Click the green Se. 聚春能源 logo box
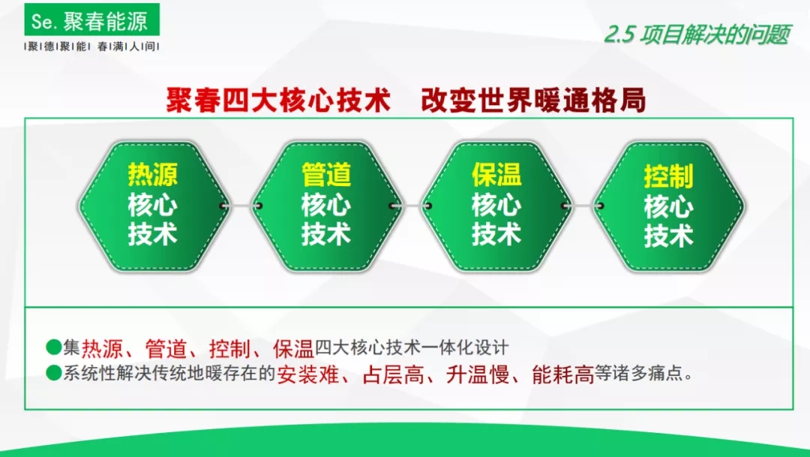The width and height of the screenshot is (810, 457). tap(92, 20)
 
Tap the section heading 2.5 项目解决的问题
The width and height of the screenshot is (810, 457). tap(697, 35)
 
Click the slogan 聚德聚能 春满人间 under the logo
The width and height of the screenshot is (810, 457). tap(92, 47)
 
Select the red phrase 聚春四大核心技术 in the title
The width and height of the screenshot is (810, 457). tap(278, 101)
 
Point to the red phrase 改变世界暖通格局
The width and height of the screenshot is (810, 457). tap(533, 101)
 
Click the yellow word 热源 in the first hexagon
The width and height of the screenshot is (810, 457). tap(153, 174)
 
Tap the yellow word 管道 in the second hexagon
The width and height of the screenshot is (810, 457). tap(326, 174)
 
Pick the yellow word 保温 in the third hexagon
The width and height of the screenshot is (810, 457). tap(496, 174)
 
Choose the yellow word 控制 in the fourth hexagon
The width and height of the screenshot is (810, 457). tap(668, 176)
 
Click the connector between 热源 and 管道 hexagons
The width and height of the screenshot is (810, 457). tap(241, 206)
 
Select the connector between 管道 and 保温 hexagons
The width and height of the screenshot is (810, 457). tap(411, 206)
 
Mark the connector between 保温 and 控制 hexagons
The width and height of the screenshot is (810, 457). tap(582, 206)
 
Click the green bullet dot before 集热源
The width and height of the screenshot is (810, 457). tap(54, 347)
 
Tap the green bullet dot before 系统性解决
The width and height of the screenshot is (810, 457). tap(54, 373)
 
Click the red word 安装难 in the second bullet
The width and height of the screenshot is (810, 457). tap(308, 374)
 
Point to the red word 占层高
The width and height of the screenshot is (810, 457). tap(393, 374)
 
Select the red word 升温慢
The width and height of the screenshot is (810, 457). tap(478, 374)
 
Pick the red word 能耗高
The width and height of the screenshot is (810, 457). tap(563, 374)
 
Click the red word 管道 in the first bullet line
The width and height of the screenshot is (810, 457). tap(166, 349)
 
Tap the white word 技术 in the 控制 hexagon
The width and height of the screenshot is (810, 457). tap(668, 235)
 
